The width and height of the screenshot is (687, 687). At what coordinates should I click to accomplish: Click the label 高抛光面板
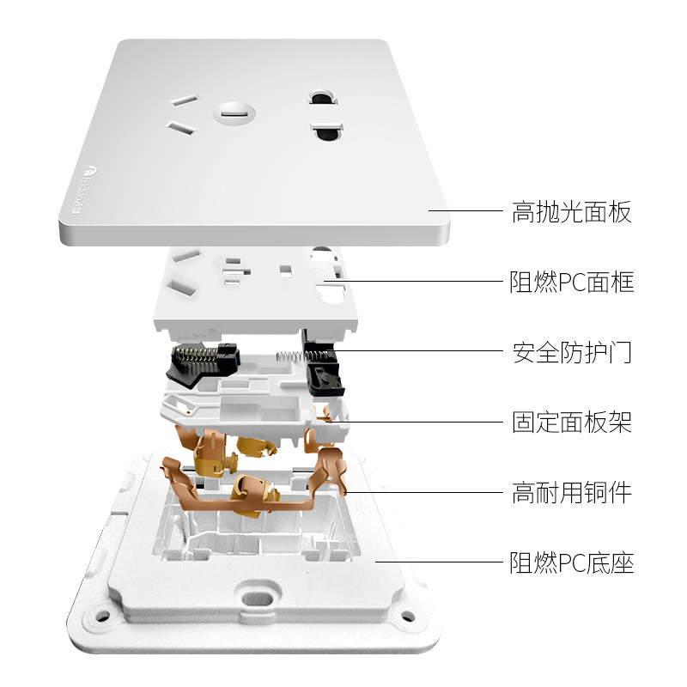[x=571, y=212]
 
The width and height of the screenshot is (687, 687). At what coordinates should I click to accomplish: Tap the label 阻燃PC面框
[x=571, y=283]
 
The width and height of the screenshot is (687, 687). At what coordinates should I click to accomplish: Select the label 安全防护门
[x=572, y=352]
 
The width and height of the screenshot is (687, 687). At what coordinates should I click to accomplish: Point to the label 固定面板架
[x=572, y=422]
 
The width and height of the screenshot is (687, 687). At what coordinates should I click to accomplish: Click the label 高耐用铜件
[x=572, y=492]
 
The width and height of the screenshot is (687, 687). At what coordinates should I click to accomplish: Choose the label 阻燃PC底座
[x=571, y=562]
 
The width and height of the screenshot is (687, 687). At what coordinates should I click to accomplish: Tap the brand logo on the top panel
[x=84, y=190]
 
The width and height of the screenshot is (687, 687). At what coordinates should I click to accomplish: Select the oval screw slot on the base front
[x=258, y=598]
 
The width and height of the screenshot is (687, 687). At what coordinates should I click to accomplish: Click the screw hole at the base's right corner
[x=407, y=616]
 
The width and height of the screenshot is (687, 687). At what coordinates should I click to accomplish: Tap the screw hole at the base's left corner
[x=102, y=616]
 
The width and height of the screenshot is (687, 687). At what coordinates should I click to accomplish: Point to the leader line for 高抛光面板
[x=465, y=210]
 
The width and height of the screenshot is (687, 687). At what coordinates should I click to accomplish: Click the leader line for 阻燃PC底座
[x=440, y=562]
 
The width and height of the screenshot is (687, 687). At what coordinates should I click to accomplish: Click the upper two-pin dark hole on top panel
[x=324, y=97]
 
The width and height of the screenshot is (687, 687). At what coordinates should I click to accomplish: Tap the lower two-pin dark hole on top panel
[x=328, y=131]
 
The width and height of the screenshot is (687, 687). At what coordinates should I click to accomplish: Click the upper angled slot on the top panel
[x=184, y=100]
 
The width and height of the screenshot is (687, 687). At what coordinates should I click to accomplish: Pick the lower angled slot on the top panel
[x=181, y=127]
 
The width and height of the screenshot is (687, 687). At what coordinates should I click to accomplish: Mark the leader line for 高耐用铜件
[x=424, y=492]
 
